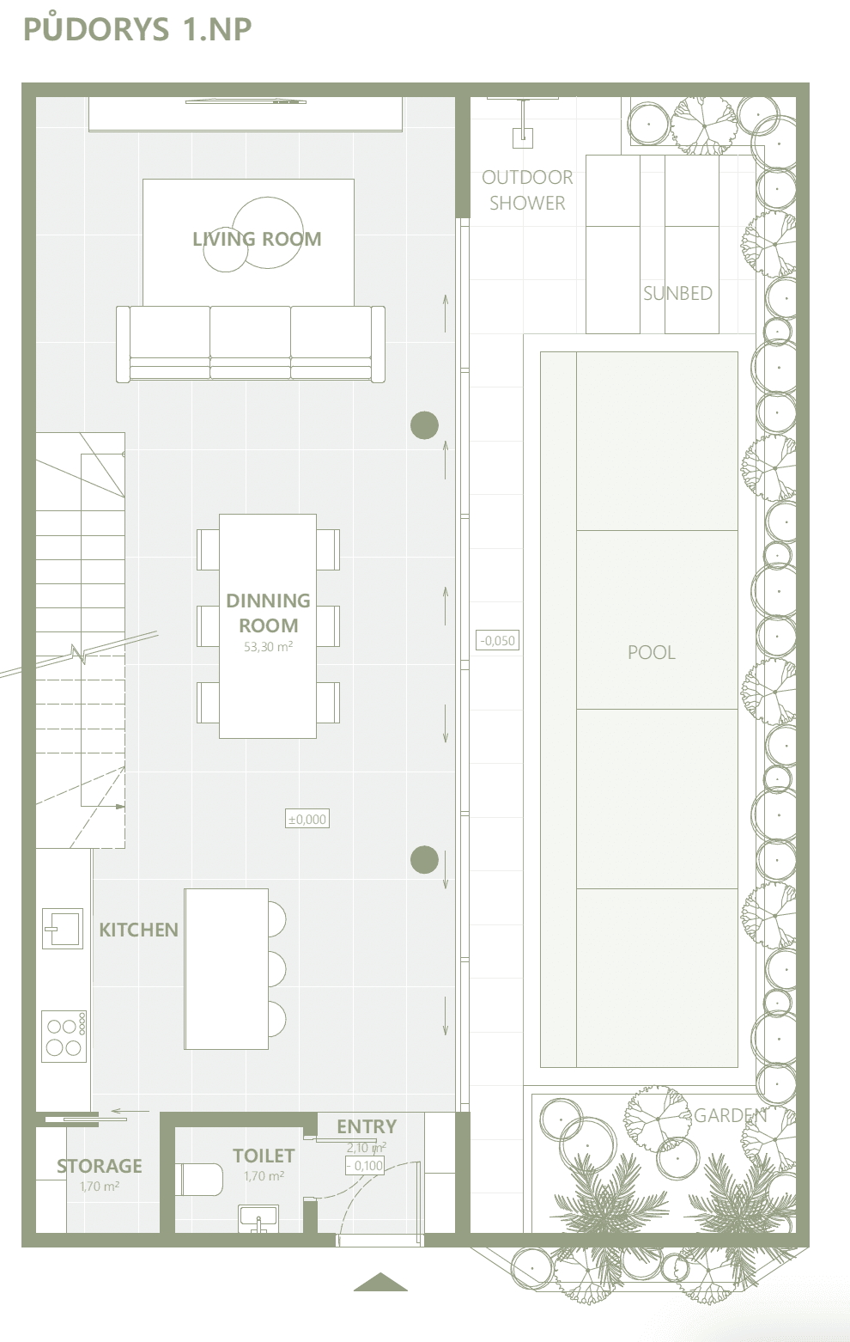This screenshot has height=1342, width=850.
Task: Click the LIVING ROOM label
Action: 257,239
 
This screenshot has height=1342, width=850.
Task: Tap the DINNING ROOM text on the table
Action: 268,613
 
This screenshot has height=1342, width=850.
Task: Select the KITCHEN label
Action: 139,930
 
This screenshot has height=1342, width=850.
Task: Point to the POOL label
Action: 652,652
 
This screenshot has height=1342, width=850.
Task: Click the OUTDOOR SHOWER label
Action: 527,190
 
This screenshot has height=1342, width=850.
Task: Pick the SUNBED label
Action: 677,293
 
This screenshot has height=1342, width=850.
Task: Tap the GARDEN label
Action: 731,1115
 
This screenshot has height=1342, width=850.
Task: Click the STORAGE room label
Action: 100,1166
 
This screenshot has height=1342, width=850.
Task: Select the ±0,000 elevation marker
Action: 307,819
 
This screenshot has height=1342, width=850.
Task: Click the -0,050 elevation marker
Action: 497,640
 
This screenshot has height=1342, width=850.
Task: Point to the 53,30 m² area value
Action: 268,646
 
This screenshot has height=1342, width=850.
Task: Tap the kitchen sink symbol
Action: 63,929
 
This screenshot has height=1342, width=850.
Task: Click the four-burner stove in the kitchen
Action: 64,1036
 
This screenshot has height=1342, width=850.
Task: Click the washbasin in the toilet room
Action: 258,1218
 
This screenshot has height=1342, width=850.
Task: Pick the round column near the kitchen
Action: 424,860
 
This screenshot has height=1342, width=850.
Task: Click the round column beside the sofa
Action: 424,425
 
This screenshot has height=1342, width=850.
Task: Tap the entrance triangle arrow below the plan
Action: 380,1282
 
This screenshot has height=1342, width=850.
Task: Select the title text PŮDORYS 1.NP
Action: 137,27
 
